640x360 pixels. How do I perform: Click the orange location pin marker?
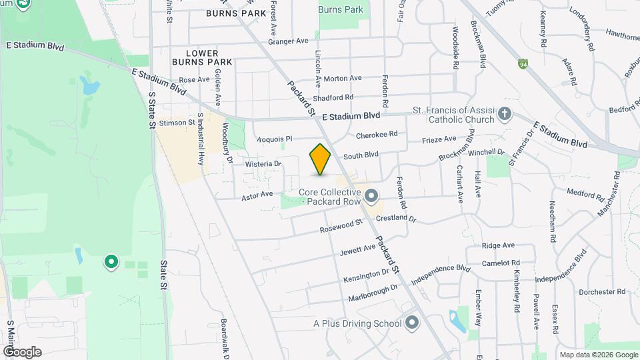point(321,159)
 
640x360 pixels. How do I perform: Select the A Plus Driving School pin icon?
point(412,323)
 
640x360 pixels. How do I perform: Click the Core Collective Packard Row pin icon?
point(371,196)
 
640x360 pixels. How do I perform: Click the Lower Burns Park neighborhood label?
point(202,57)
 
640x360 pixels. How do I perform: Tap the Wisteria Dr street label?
point(263,163)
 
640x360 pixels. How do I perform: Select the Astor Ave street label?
point(257,195)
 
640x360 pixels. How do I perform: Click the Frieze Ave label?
point(440,139)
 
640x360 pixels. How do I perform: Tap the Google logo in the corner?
point(23,351)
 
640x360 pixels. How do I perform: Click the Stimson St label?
point(177,123)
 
